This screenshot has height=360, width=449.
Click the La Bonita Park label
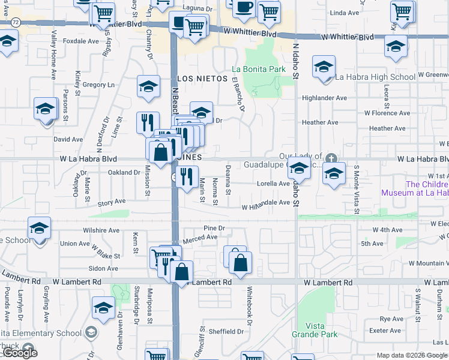coord(260,69)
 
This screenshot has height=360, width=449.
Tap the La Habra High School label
coord(375,77)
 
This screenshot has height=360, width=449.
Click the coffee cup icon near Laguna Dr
coord(244,7)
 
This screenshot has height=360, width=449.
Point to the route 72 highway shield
coord(14,22)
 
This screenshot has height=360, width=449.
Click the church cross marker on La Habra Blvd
coord(331,158)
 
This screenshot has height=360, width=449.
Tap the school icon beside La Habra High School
coord(324,67)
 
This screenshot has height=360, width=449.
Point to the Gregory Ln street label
coord(98,85)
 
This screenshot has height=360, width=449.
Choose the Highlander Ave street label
coord(324,98)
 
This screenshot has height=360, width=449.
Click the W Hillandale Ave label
coord(266,203)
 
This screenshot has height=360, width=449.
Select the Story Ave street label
coord(112,203)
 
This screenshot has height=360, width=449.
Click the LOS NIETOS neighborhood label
coord(203,79)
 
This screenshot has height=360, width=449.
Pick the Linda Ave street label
coord(345,13)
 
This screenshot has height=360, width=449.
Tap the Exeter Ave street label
coord(385,331)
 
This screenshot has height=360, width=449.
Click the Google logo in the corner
coord(20,353)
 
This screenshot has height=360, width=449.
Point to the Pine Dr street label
coord(214,228)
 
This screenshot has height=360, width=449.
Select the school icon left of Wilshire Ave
coord(40,229)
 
